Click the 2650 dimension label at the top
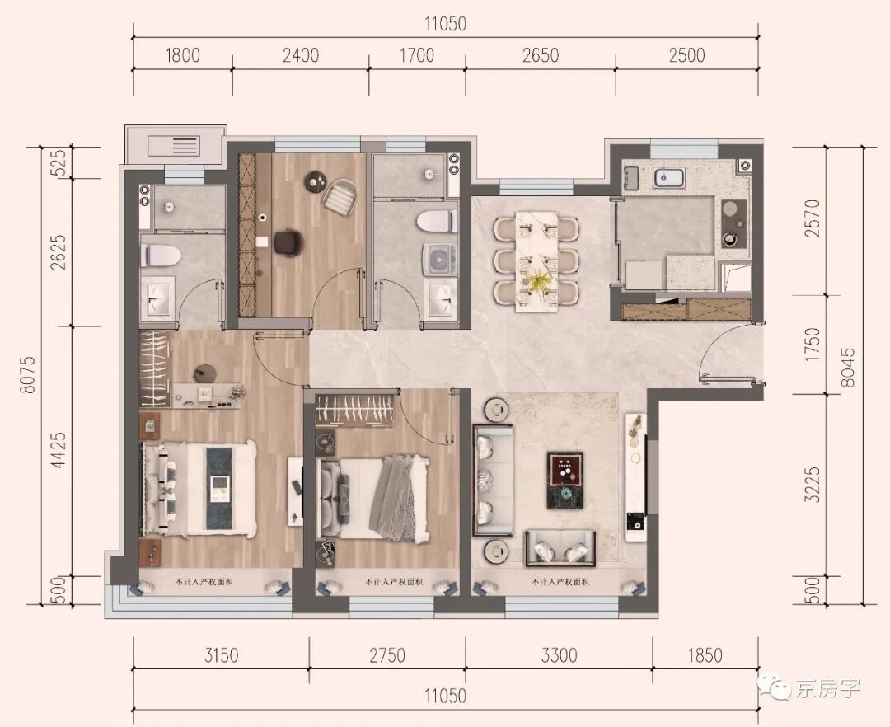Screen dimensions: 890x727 (541, 55)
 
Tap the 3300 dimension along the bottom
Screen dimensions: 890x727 (559, 655)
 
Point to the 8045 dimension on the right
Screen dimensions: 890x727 (848, 368)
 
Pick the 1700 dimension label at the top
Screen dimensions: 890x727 (417, 55)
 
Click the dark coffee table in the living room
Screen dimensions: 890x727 (564, 480)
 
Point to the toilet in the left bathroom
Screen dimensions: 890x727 (161, 256)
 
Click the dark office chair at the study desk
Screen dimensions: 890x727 (289, 242)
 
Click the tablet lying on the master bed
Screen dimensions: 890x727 (219, 484)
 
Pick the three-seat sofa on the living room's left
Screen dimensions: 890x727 (493, 480)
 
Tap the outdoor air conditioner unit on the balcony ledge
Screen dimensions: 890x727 (174, 146)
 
